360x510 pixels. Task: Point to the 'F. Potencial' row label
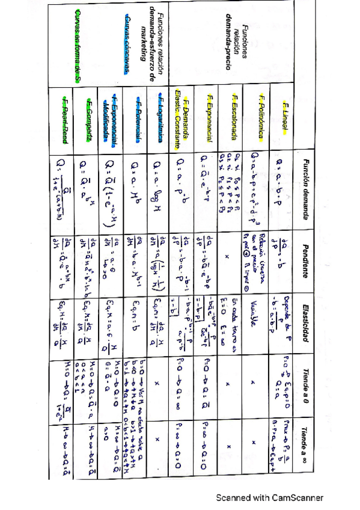[138, 118]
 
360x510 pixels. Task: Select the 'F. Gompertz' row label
[89, 118]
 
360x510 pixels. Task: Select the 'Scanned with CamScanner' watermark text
[270, 498]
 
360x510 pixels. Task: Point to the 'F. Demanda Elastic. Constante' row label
[183, 118]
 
